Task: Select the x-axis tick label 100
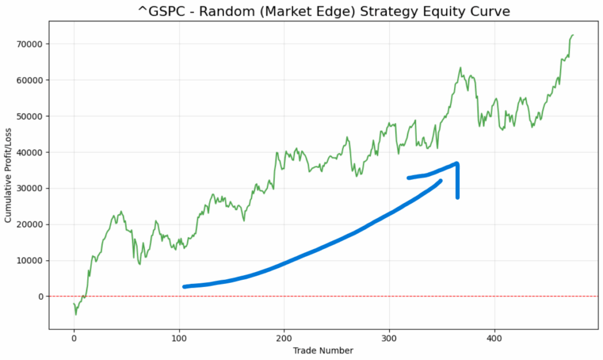click(x=179, y=339)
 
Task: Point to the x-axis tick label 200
click(x=284, y=339)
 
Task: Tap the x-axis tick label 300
click(x=389, y=339)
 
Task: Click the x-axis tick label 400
click(x=495, y=339)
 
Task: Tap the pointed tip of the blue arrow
click(x=457, y=164)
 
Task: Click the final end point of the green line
click(x=574, y=35)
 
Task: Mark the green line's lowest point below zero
click(x=75, y=315)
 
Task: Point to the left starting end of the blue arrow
click(x=184, y=286)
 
